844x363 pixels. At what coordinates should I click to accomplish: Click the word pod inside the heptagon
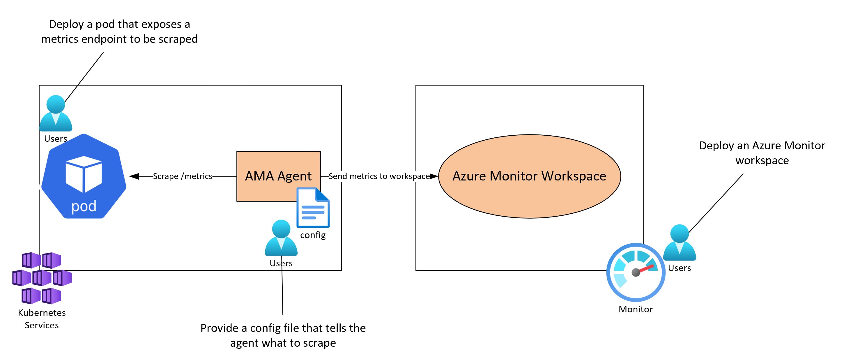point(84,206)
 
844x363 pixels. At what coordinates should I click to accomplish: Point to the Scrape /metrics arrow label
point(183,176)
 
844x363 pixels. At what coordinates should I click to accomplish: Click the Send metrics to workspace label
point(379,176)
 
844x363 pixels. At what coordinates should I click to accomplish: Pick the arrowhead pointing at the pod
point(134,176)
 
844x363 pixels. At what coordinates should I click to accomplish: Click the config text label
point(313,235)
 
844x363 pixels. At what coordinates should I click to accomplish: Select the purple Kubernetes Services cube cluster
point(42,278)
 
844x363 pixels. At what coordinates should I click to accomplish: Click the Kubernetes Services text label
point(42,319)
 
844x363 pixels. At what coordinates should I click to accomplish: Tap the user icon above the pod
point(56,113)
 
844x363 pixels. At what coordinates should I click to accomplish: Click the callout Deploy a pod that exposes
point(119,31)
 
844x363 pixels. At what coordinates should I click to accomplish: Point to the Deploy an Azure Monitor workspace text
point(762,153)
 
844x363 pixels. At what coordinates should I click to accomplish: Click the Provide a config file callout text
point(283,335)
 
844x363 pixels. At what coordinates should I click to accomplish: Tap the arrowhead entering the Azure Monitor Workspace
point(434,176)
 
